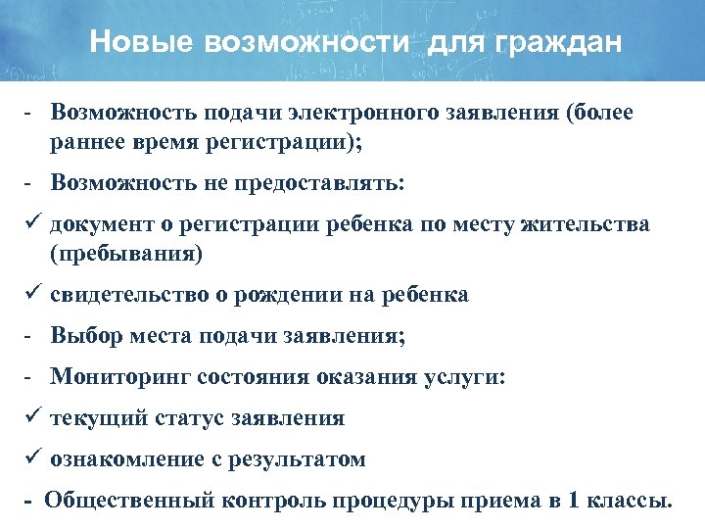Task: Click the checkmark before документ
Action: tap(28, 224)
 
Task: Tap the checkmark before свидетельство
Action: tap(28, 294)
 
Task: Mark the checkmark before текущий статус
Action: tap(28, 418)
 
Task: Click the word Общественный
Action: tap(133, 502)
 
